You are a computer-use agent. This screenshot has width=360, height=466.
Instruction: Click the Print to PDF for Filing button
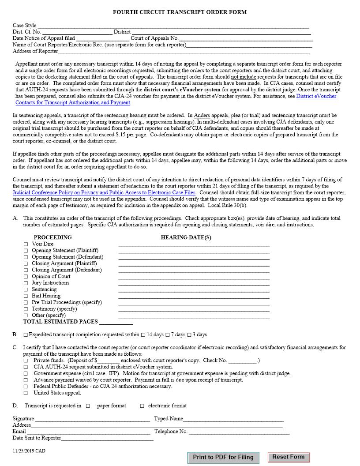[x=223, y=457]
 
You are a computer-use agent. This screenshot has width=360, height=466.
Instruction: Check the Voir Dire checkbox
[x=26, y=244]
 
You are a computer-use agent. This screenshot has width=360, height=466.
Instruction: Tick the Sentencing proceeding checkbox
[x=26, y=289]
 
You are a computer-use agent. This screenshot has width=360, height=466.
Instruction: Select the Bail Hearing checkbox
[x=26, y=296]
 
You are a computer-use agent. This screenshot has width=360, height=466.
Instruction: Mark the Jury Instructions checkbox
[x=26, y=283]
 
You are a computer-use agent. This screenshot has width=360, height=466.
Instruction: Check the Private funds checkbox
[x=26, y=361]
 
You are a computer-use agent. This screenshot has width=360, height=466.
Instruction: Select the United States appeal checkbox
[x=26, y=393]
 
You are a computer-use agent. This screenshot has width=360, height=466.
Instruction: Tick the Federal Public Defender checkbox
[x=26, y=387]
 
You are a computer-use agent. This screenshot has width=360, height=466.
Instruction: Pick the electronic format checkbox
[x=142, y=406]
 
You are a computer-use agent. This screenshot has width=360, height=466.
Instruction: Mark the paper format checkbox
[x=88, y=406]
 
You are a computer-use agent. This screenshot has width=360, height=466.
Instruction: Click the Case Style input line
[x=172, y=26]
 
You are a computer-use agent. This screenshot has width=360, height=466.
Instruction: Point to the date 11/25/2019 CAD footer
[x=29, y=451]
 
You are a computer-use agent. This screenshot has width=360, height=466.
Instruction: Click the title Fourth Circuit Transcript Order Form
[x=180, y=12]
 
